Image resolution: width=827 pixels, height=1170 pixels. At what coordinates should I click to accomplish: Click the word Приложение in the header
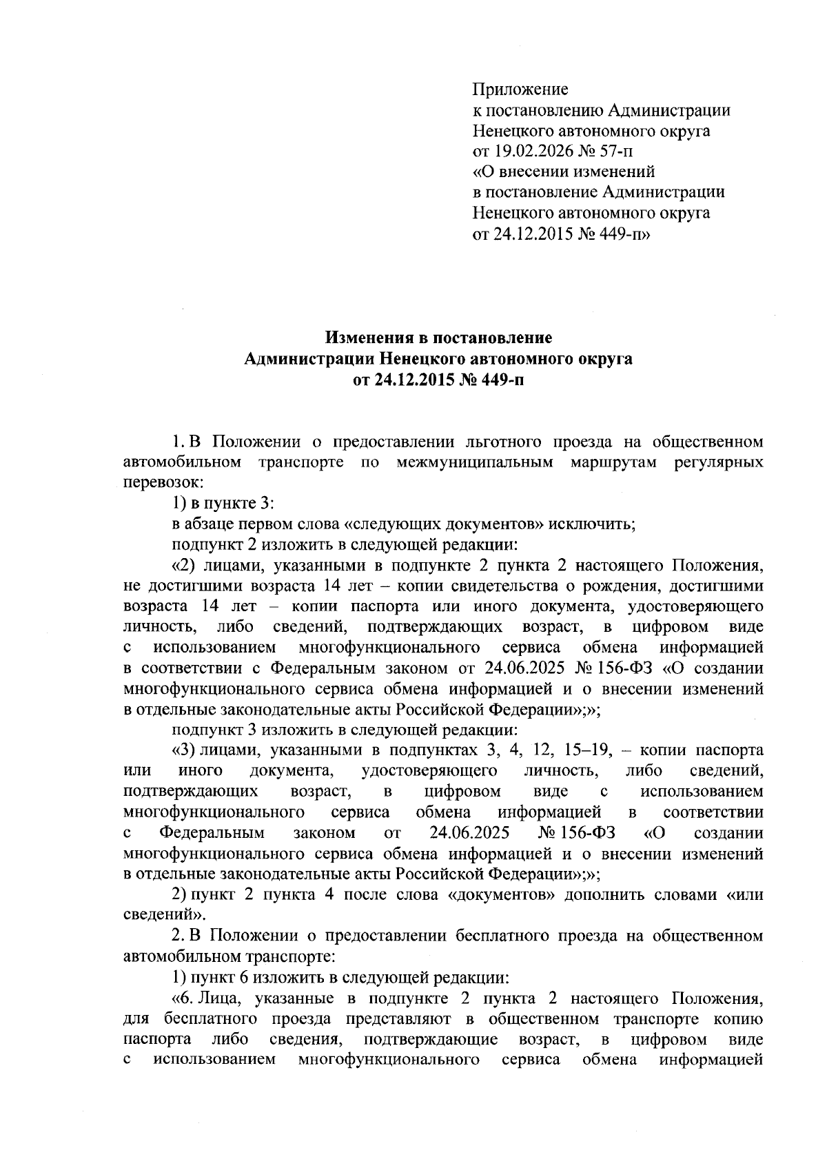coord(520,89)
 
